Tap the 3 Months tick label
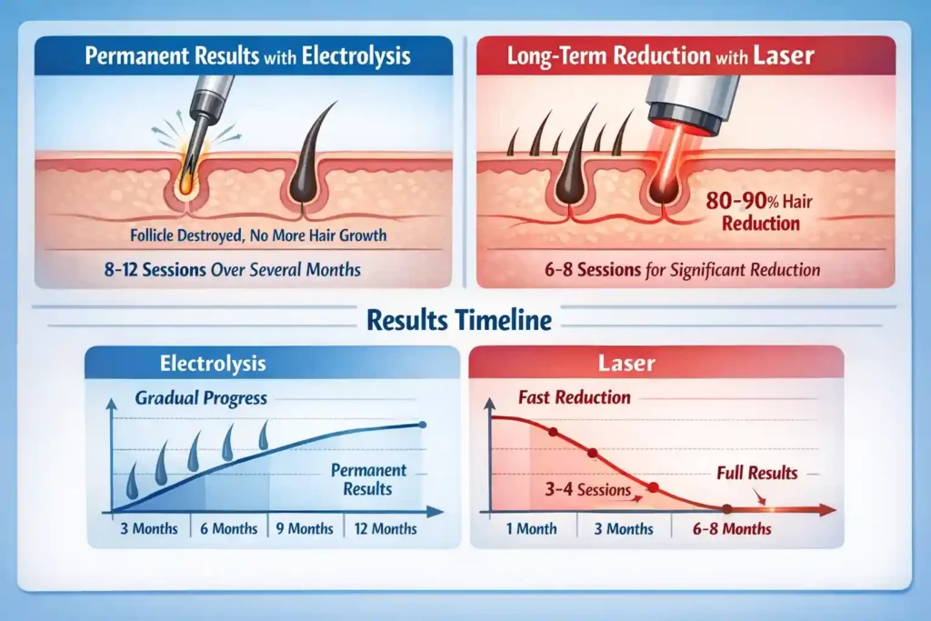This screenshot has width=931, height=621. coord(149,528)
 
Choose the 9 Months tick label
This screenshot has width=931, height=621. coord(305,528)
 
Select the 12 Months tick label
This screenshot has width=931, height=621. coord(383,528)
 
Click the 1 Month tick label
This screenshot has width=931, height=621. coord(530,528)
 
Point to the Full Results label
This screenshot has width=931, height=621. coord(756,473)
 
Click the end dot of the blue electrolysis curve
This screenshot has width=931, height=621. coord(421,425)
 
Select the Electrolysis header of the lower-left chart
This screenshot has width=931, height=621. coord(213,364)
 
